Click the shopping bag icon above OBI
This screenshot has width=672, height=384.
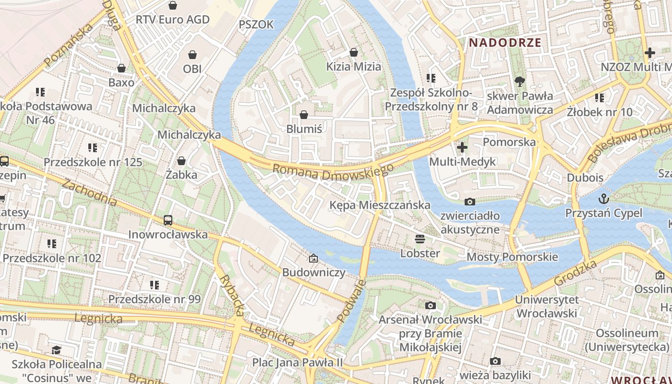(x=192, y=55)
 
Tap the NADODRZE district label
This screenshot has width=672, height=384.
(x=505, y=42)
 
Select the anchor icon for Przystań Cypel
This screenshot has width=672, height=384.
(x=603, y=198)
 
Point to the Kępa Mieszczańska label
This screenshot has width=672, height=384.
(x=380, y=205)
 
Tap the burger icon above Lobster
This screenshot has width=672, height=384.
(x=420, y=239)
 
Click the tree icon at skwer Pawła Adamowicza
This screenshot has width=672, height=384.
(x=519, y=82)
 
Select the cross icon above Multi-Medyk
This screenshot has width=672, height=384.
(x=462, y=147)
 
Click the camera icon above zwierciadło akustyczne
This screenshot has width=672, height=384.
(x=470, y=202)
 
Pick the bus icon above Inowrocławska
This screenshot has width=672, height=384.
(x=168, y=220)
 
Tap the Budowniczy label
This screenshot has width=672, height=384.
(x=313, y=272)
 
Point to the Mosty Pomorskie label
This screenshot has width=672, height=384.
(x=512, y=257)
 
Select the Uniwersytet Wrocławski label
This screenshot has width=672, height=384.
(x=546, y=306)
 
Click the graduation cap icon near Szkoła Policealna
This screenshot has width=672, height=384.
(x=57, y=350)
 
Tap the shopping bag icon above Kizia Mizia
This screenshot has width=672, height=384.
(x=354, y=52)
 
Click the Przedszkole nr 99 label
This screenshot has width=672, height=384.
(x=154, y=299)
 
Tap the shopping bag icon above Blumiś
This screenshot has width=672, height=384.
(x=303, y=115)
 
